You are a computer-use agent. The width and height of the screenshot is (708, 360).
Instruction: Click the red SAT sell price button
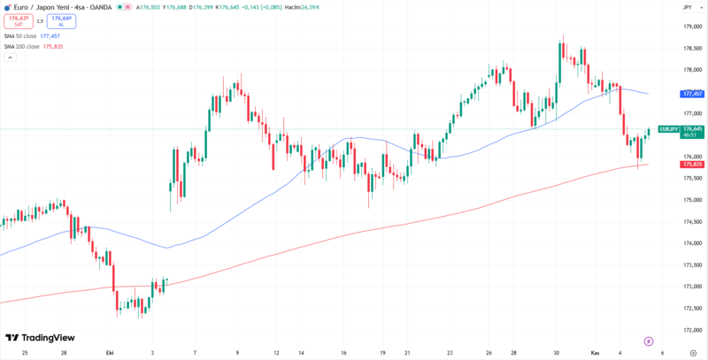[x=15, y=20]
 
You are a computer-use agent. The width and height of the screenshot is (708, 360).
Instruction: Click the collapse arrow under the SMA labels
[x=11, y=57]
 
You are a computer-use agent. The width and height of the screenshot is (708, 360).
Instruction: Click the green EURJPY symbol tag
[x=668, y=129]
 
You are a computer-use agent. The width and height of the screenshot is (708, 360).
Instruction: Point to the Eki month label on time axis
[x=110, y=352]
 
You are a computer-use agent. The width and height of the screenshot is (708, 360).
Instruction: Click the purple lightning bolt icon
[x=649, y=340]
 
